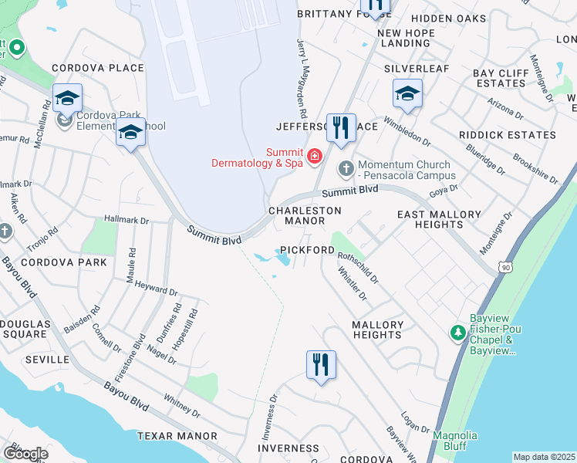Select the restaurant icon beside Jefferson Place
[341, 128]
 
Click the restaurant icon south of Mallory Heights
[322, 364]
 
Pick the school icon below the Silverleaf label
[407, 95]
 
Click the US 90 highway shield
[504, 266]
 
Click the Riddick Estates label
[507, 135]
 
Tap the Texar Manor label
[177, 436]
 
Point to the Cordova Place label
[98, 68]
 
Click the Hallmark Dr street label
[126, 221]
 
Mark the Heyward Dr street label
[156, 290]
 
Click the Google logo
[25, 453]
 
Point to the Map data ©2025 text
[544, 457]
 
